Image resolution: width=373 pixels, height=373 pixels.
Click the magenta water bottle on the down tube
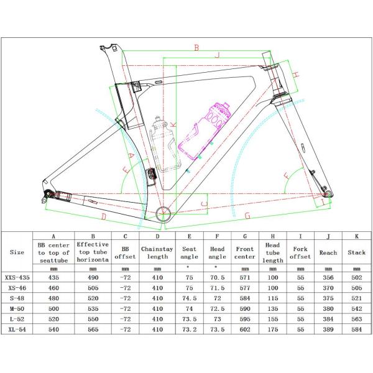205,130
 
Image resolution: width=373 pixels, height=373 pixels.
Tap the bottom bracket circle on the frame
163,214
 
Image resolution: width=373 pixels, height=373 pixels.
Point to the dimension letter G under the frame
247,216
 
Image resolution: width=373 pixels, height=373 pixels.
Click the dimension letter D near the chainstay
104,216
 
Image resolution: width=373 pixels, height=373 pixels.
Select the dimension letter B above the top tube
196,48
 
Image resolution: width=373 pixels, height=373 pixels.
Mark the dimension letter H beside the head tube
295,75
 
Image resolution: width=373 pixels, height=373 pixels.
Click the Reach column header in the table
328,252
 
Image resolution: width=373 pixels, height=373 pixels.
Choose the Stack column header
356,252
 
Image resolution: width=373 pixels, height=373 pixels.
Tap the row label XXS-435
17,277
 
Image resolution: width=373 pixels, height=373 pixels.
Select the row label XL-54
17,329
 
